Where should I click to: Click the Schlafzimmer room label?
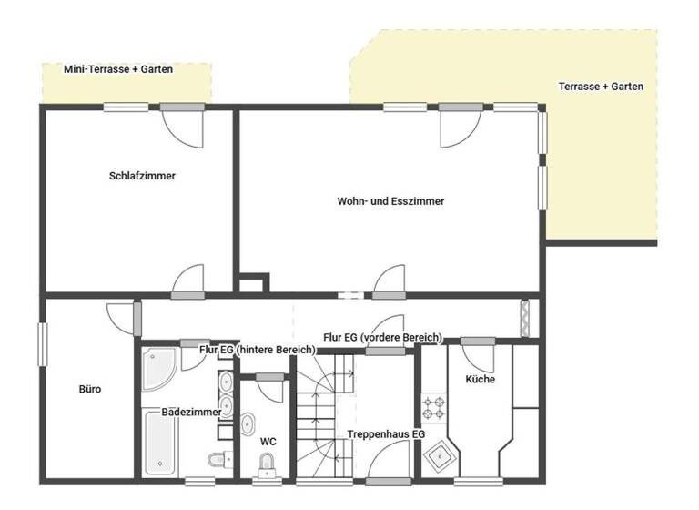pyautogui.click(x=141, y=176)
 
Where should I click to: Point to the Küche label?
pyautogui.click(x=480, y=379)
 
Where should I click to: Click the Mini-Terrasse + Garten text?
pyautogui.click(x=118, y=69)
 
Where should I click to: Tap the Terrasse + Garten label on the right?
pyautogui.click(x=601, y=87)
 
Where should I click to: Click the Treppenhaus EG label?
pyautogui.click(x=386, y=434)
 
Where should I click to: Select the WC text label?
pyautogui.click(x=268, y=442)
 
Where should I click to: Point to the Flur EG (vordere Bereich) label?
pyautogui.click(x=382, y=337)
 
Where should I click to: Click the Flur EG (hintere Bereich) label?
pyautogui.click(x=258, y=349)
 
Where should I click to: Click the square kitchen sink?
pyautogui.click(x=441, y=453)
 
